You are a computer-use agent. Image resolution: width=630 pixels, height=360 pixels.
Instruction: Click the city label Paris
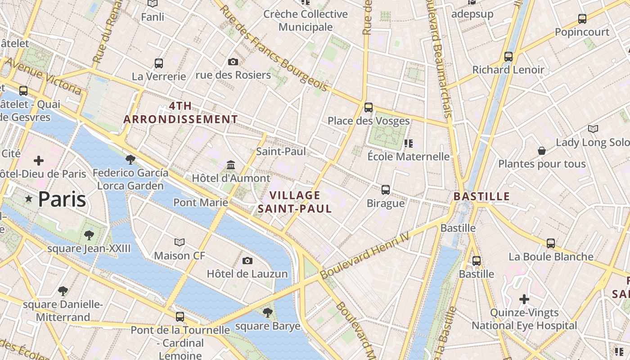[62, 199]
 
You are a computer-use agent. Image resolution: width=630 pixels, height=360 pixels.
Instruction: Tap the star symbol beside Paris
[29, 198]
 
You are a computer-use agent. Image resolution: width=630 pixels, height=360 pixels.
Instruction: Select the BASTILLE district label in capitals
[481, 197]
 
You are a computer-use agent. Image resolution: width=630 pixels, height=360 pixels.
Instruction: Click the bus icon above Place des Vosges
[369, 107]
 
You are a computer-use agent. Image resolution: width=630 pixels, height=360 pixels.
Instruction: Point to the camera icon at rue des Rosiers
[233, 62]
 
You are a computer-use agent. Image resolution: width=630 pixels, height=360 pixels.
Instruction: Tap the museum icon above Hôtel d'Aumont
[231, 165]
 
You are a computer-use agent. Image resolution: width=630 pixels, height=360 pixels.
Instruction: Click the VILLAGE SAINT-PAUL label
[295, 202]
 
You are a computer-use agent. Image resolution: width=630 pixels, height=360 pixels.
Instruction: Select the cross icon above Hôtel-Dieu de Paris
[39, 160]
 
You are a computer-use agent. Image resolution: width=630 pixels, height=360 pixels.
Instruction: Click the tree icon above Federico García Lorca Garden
[130, 159]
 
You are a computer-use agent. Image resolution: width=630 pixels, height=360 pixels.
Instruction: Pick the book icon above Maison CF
[180, 243]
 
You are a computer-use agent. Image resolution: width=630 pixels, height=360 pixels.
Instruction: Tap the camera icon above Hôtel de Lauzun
[247, 261]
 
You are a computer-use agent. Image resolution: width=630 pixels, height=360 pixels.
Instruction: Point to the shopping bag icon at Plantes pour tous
[542, 151]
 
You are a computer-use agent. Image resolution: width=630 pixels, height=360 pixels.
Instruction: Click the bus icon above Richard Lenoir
[508, 57]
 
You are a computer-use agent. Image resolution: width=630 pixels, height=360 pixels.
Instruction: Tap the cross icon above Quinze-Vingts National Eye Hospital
[524, 299]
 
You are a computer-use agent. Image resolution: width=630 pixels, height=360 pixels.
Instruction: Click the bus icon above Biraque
[386, 189]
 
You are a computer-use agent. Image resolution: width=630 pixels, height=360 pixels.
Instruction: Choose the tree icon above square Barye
[268, 312]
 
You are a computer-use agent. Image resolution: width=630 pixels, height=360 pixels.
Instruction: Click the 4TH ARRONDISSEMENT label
[180, 112]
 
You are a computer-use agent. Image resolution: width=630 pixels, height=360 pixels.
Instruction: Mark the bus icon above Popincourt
[582, 19]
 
